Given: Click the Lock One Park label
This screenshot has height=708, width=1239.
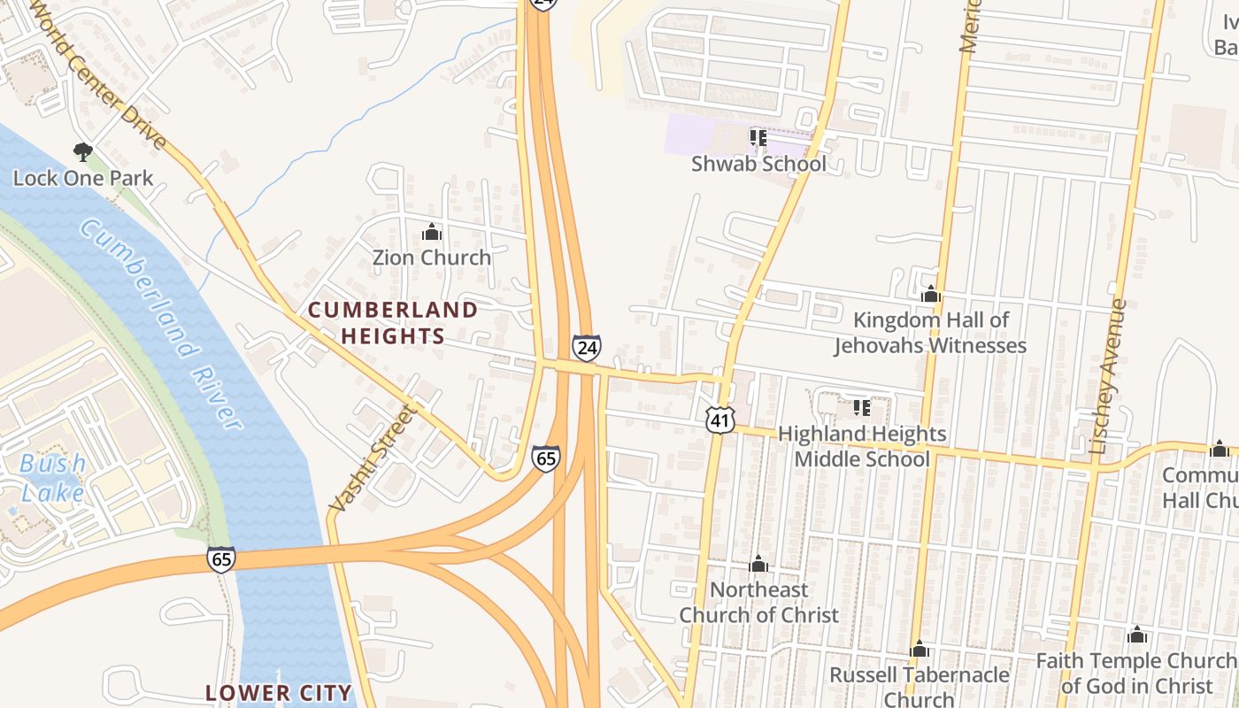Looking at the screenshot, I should point(83,178).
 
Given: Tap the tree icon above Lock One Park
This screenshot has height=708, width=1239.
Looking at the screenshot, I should point(83,152).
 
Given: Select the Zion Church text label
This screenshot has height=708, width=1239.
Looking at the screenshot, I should point(431,258).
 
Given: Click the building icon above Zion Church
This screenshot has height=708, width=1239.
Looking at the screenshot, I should point(432,233).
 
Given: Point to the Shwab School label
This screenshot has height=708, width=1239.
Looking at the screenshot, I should point(758,164).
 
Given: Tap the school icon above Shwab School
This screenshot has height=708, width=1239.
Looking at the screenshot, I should point(758,138).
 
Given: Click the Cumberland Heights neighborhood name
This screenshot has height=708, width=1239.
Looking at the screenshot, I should point(393,323).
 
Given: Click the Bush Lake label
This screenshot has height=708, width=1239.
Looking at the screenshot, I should point(52,478).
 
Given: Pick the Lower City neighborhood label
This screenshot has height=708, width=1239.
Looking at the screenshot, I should point(279,692).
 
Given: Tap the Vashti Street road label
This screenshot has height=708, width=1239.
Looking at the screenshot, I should point(372,458).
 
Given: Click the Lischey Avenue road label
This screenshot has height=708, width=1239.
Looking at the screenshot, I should point(1108,377).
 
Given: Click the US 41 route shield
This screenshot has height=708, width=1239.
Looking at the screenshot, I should point(720,419).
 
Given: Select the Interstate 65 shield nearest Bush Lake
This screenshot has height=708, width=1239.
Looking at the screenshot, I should point(221,558).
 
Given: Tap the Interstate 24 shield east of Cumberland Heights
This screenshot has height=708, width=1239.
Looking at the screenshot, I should point(586,348).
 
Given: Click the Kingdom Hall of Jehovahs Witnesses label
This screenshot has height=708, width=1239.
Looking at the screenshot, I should point(930,332).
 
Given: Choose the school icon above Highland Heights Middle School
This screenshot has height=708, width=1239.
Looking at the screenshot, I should point(861,408).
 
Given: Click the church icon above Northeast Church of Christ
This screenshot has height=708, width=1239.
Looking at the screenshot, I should point(758,565).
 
